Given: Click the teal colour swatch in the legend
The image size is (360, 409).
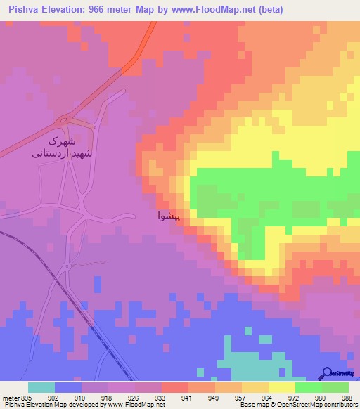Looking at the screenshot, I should coord(41,387).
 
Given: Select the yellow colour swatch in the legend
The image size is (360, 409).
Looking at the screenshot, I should coord(281,387).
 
